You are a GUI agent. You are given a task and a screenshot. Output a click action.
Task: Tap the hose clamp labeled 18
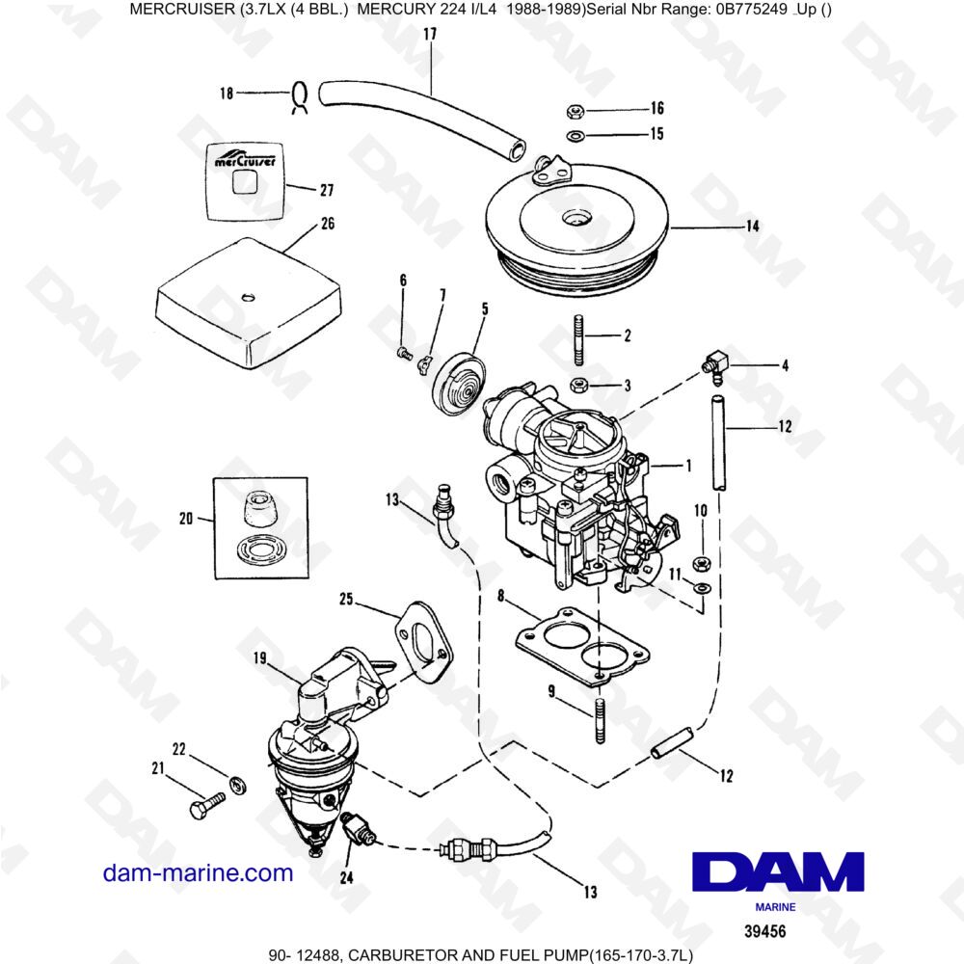coord(299,95)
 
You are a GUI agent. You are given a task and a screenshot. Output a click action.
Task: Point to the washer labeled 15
coord(574,135)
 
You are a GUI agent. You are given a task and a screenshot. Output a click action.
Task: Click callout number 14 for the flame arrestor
coord(752,228)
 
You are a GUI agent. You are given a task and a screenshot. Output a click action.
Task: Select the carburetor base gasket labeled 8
coord(575,648)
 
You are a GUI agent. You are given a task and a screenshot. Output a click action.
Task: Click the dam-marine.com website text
coord(198,873)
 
